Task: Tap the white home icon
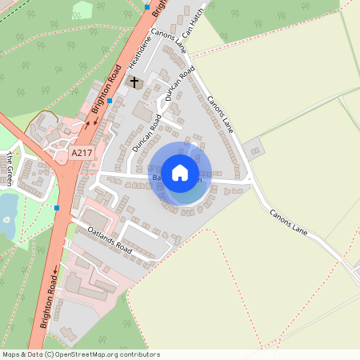(181, 172)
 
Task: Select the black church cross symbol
(134, 82)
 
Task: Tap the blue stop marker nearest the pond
(58, 208)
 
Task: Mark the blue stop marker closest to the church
(110, 102)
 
